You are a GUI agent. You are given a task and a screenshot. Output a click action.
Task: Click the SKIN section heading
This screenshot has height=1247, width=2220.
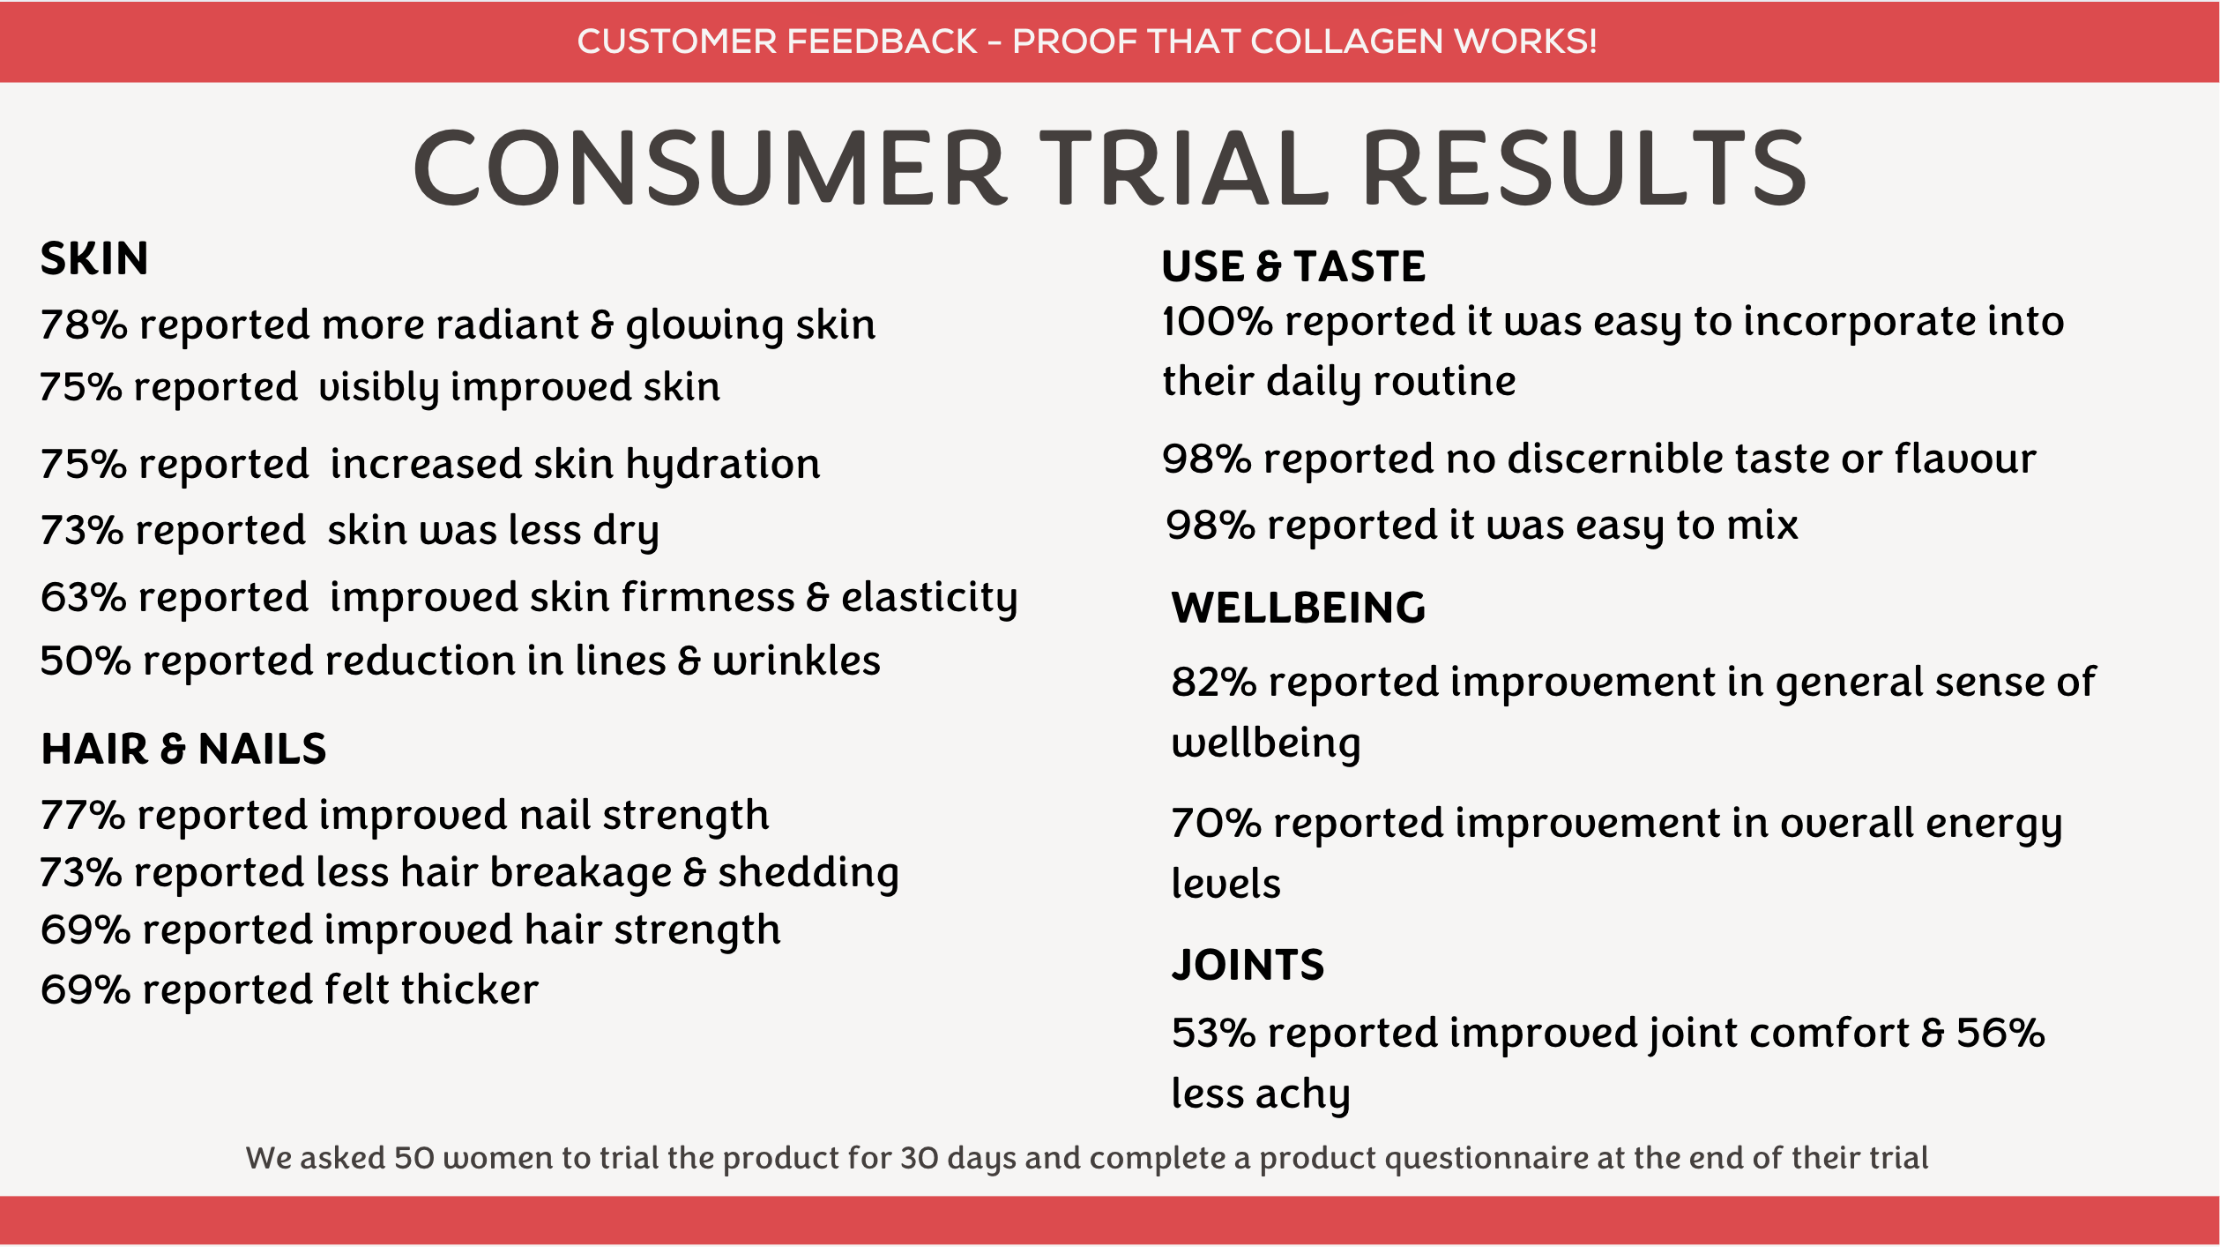point(94,258)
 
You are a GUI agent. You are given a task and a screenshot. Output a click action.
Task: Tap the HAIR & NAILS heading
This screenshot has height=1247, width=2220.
point(183,749)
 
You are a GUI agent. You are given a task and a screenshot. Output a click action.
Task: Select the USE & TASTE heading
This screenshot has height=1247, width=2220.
point(1293,265)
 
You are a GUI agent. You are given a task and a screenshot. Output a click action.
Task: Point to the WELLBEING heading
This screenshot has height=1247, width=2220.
point(1298,608)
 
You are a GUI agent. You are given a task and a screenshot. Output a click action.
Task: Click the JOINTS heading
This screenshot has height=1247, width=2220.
point(1248,964)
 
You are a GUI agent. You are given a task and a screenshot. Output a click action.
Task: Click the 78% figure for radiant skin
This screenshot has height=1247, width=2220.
point(84,325)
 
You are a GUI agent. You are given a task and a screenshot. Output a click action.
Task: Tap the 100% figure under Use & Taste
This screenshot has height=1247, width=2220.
point(1218,321)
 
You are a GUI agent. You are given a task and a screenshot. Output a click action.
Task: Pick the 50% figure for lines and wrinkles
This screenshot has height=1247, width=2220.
point(86,661)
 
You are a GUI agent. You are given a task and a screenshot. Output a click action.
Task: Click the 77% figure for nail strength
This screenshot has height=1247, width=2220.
point(83,815)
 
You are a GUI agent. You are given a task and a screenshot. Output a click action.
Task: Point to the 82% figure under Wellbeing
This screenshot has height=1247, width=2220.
point(1214,682)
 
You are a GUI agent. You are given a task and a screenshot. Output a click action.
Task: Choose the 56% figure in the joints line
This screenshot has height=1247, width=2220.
point(2000,1033)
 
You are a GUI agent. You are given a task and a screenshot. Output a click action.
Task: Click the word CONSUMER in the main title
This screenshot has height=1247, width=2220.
point(710,168)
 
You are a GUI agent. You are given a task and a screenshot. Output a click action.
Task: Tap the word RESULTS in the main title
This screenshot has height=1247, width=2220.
point(1584,168)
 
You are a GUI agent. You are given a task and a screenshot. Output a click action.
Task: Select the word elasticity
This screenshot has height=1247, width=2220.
point(929,598)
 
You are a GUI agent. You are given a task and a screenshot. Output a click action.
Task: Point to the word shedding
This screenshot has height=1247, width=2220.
point(808,873)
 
